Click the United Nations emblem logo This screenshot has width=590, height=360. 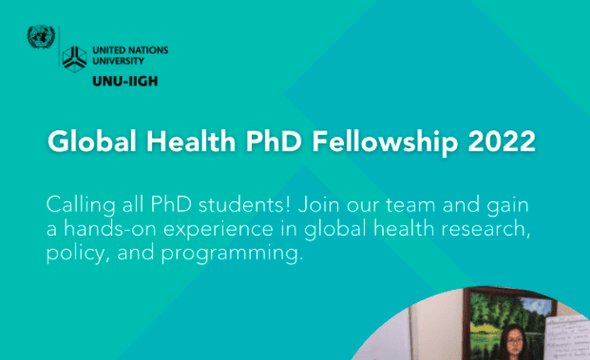[41, 37]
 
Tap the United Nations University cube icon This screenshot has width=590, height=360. [74, 59]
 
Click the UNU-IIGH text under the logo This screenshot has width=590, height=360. [124, 82]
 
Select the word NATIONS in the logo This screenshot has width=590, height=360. [147, 50]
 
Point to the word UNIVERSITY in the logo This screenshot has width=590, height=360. [118, 61]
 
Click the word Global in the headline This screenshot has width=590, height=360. [92, 142]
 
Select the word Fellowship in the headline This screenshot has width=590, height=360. [385, 142]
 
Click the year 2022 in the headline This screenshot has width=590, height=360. [502, 142]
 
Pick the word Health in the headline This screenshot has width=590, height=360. [191, 142]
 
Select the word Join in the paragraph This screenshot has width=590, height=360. [319, 204]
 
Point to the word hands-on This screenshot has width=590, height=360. [109, 228]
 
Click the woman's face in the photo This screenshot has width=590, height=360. [514, 342]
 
